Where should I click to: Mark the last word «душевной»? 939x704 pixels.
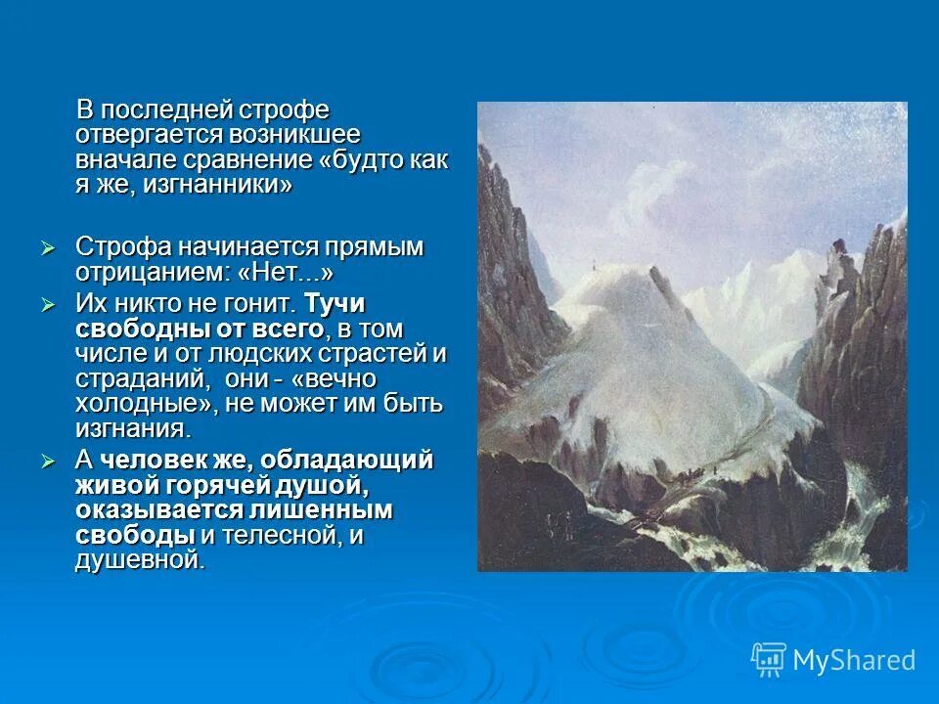[x=140, y=560]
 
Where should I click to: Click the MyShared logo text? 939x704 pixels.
[x=853, y=660]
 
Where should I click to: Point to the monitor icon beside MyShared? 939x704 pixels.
[x=769, y=659]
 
